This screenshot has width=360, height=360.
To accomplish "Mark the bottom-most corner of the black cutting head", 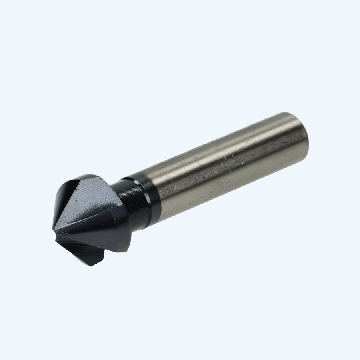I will coord(91,266).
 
